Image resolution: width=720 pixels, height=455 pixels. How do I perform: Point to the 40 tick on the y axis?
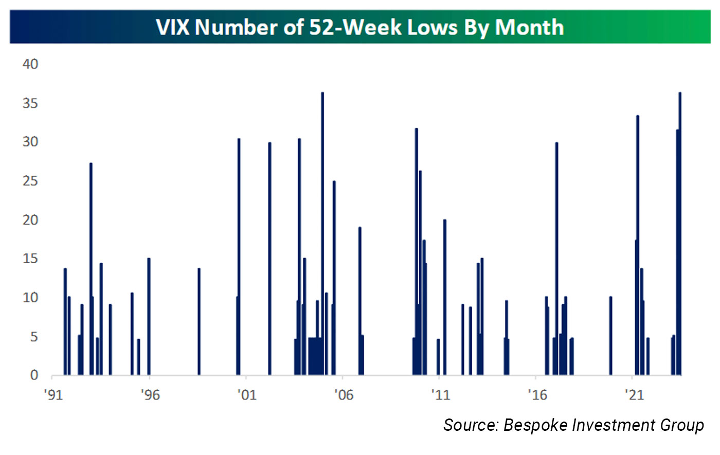30,64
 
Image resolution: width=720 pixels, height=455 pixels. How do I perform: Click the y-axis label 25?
30,181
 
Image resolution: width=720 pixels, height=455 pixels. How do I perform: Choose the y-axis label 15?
30,259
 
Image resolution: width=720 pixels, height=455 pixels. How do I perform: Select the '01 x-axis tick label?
246,395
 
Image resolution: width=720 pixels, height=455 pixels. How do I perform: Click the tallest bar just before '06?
322,231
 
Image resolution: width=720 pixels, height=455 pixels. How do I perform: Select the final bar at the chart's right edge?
680,231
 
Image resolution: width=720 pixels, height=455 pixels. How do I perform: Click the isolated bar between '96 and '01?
199,321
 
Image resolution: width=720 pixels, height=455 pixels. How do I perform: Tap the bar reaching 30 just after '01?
269,257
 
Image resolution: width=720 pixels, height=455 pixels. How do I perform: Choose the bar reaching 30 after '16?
556,257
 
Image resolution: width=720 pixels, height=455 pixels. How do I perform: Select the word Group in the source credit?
684,426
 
